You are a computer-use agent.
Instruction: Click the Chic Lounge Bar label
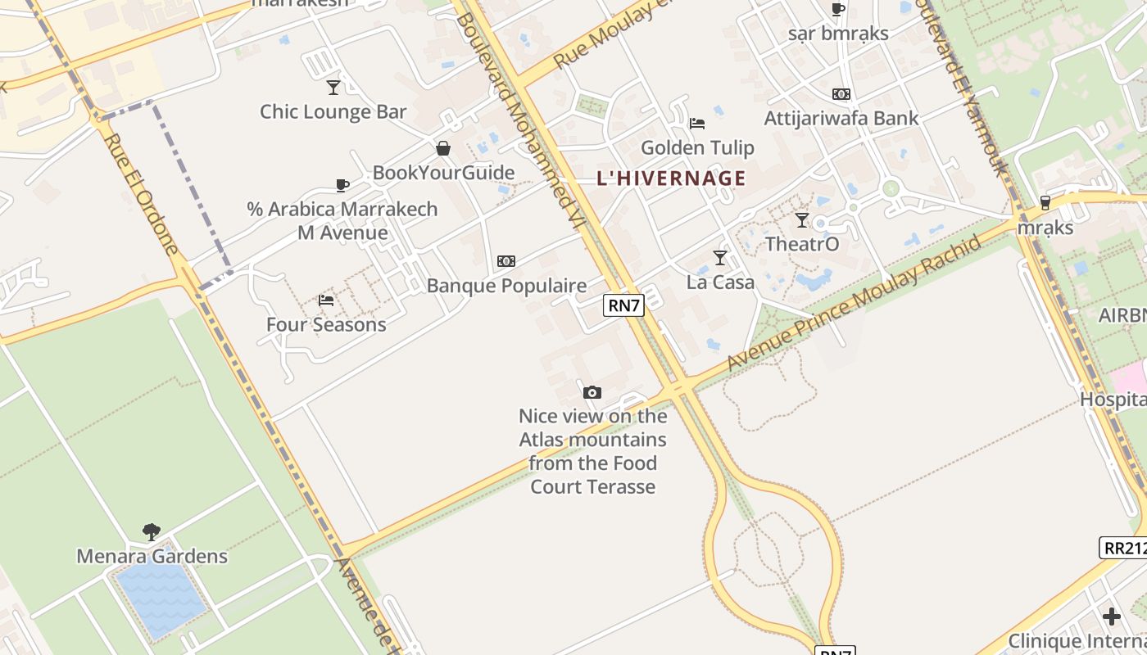(333, 112)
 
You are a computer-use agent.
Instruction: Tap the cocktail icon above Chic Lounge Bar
(333, 87)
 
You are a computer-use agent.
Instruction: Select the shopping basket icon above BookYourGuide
(443, 148)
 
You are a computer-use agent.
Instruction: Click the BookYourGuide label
(443, 173)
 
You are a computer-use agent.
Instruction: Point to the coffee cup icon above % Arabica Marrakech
(342, 185)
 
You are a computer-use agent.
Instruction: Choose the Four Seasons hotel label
(326, 325)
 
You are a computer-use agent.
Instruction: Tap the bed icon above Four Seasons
(326, 300)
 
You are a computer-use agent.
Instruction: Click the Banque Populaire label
(506, 286)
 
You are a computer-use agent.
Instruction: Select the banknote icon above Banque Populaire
(506, 261)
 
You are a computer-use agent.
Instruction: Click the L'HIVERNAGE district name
(671, 178)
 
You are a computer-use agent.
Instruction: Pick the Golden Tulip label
(697, 148)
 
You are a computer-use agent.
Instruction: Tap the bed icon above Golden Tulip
(697, 123)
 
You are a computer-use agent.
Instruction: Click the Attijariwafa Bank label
(841, 119)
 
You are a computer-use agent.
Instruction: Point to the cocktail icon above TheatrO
(802, 219)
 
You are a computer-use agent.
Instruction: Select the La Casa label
(720, 282)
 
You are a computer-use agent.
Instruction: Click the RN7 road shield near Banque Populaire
(623, 305)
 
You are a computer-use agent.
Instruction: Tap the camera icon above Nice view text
(592, 392)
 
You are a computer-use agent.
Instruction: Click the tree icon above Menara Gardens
(152, 532)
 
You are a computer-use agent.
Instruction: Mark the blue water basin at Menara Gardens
(161, 600)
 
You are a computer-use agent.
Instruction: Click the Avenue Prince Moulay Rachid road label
(855, 303)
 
